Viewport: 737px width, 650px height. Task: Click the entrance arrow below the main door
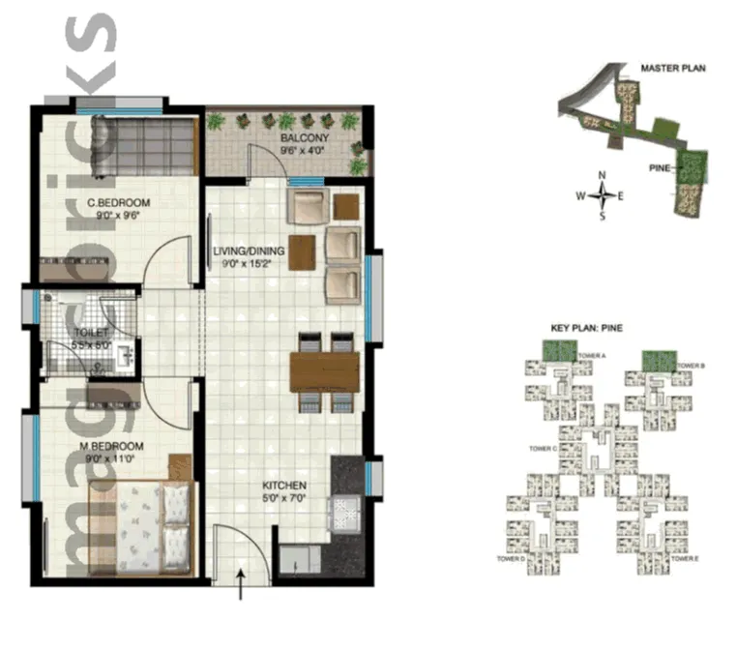(240, 585)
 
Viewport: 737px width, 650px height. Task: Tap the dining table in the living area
(324, 370)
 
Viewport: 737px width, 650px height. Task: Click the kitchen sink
(345, 512)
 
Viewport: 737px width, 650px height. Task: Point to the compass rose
(602, 195)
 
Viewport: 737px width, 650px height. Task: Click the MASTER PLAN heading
(673, 69)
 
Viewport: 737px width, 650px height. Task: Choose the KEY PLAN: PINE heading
(586, 329)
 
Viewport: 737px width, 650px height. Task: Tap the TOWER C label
(543, 449)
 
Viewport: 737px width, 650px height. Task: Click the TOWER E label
(683, 559)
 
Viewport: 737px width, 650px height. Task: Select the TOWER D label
(510, 559)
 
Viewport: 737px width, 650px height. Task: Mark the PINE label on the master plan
(660, 166)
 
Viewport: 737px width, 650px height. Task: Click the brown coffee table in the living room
(302, 253)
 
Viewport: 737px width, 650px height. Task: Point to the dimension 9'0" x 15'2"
(250, 263)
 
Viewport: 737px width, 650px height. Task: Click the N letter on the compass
(602, 176)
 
